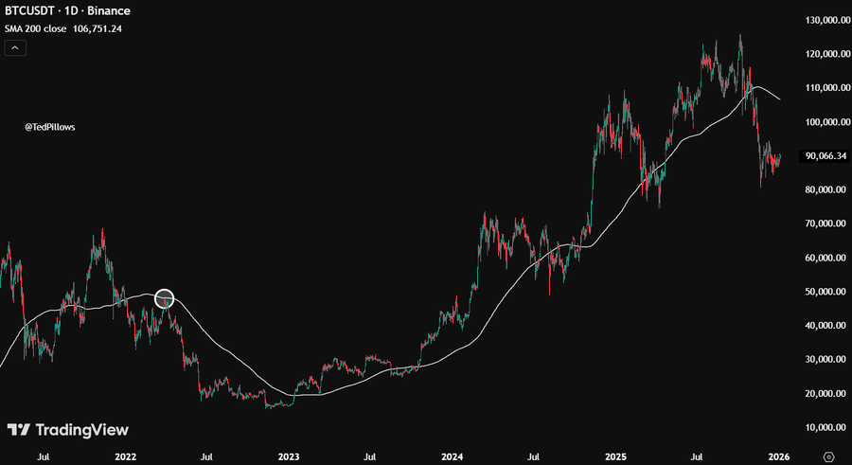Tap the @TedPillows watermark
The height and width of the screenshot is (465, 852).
(x=50, y=126)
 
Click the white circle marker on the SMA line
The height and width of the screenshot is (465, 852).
(x=165, y=299)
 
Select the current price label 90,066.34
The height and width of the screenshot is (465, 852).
(x=825, y=156)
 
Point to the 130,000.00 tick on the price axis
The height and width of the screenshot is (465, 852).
(x=825, y=20)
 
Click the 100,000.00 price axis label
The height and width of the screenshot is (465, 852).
(x=825, y=122)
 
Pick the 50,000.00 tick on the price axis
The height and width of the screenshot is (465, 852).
(x=825, y=292)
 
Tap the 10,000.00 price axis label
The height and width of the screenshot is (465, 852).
(x=825, y=427)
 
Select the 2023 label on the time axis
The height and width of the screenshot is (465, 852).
(x=290, y=456)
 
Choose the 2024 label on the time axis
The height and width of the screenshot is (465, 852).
(x=452, y=456)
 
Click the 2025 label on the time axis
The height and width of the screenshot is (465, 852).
(x=615, y=456)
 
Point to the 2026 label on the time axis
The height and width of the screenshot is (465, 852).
(x=778, y=456)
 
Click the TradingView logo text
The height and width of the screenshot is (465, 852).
(x=81, y=430)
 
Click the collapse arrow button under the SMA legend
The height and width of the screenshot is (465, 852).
(x=16, y=47)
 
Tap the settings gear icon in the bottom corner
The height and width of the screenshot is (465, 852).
(x=829, y=456)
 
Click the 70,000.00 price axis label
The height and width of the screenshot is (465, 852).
(x=825, y=224)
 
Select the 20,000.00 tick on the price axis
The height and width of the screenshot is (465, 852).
(x=825, y=393)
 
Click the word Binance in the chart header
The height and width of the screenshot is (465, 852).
(x=111, y=11)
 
